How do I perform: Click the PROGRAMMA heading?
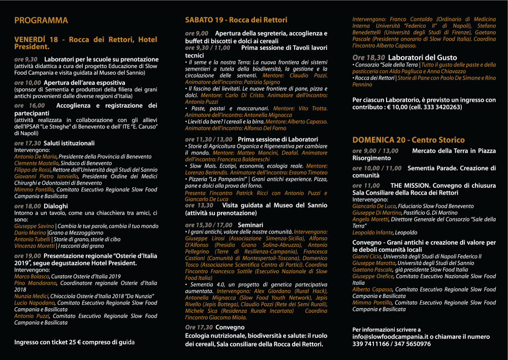41,21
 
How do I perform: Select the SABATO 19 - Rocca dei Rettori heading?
236,20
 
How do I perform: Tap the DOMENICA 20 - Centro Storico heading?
408,140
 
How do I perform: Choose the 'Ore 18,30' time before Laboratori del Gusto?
368,58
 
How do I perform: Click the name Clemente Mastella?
36,163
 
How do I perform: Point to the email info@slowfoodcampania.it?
386,337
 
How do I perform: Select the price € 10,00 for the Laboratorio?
407,107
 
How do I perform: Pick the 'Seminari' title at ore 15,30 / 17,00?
250,224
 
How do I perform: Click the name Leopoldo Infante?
373,233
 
